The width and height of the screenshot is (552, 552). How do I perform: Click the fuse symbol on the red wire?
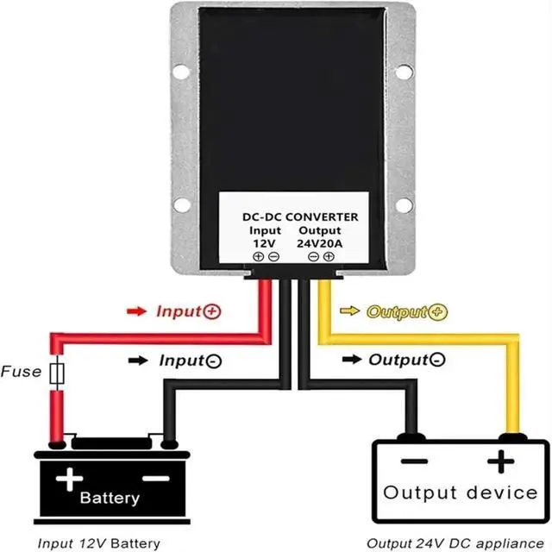57,373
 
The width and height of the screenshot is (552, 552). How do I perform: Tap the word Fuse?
21,372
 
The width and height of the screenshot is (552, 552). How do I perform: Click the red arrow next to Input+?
136,311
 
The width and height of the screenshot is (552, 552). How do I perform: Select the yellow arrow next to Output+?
349,310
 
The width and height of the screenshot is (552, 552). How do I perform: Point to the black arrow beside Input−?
138,361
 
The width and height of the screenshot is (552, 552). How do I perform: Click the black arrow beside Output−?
352,360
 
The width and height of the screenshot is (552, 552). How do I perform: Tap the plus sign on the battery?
69,480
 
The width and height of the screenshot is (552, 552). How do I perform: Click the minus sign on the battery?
156,479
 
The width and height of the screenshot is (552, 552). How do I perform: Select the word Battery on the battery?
110,499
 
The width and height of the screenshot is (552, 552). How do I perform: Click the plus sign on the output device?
500,461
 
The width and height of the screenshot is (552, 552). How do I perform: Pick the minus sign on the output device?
414,461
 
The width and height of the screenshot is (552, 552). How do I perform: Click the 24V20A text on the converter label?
320,243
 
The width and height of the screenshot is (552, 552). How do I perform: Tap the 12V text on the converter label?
265,243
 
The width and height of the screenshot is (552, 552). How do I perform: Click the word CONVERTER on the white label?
322,217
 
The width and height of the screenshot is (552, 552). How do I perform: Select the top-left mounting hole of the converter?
181,72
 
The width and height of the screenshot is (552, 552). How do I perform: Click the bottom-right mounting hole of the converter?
404,205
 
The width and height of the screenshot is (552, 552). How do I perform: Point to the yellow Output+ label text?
407,312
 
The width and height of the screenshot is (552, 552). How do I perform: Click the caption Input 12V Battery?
99,543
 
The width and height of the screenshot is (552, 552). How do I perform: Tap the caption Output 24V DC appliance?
455,543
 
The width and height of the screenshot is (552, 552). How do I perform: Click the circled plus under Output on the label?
329,257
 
